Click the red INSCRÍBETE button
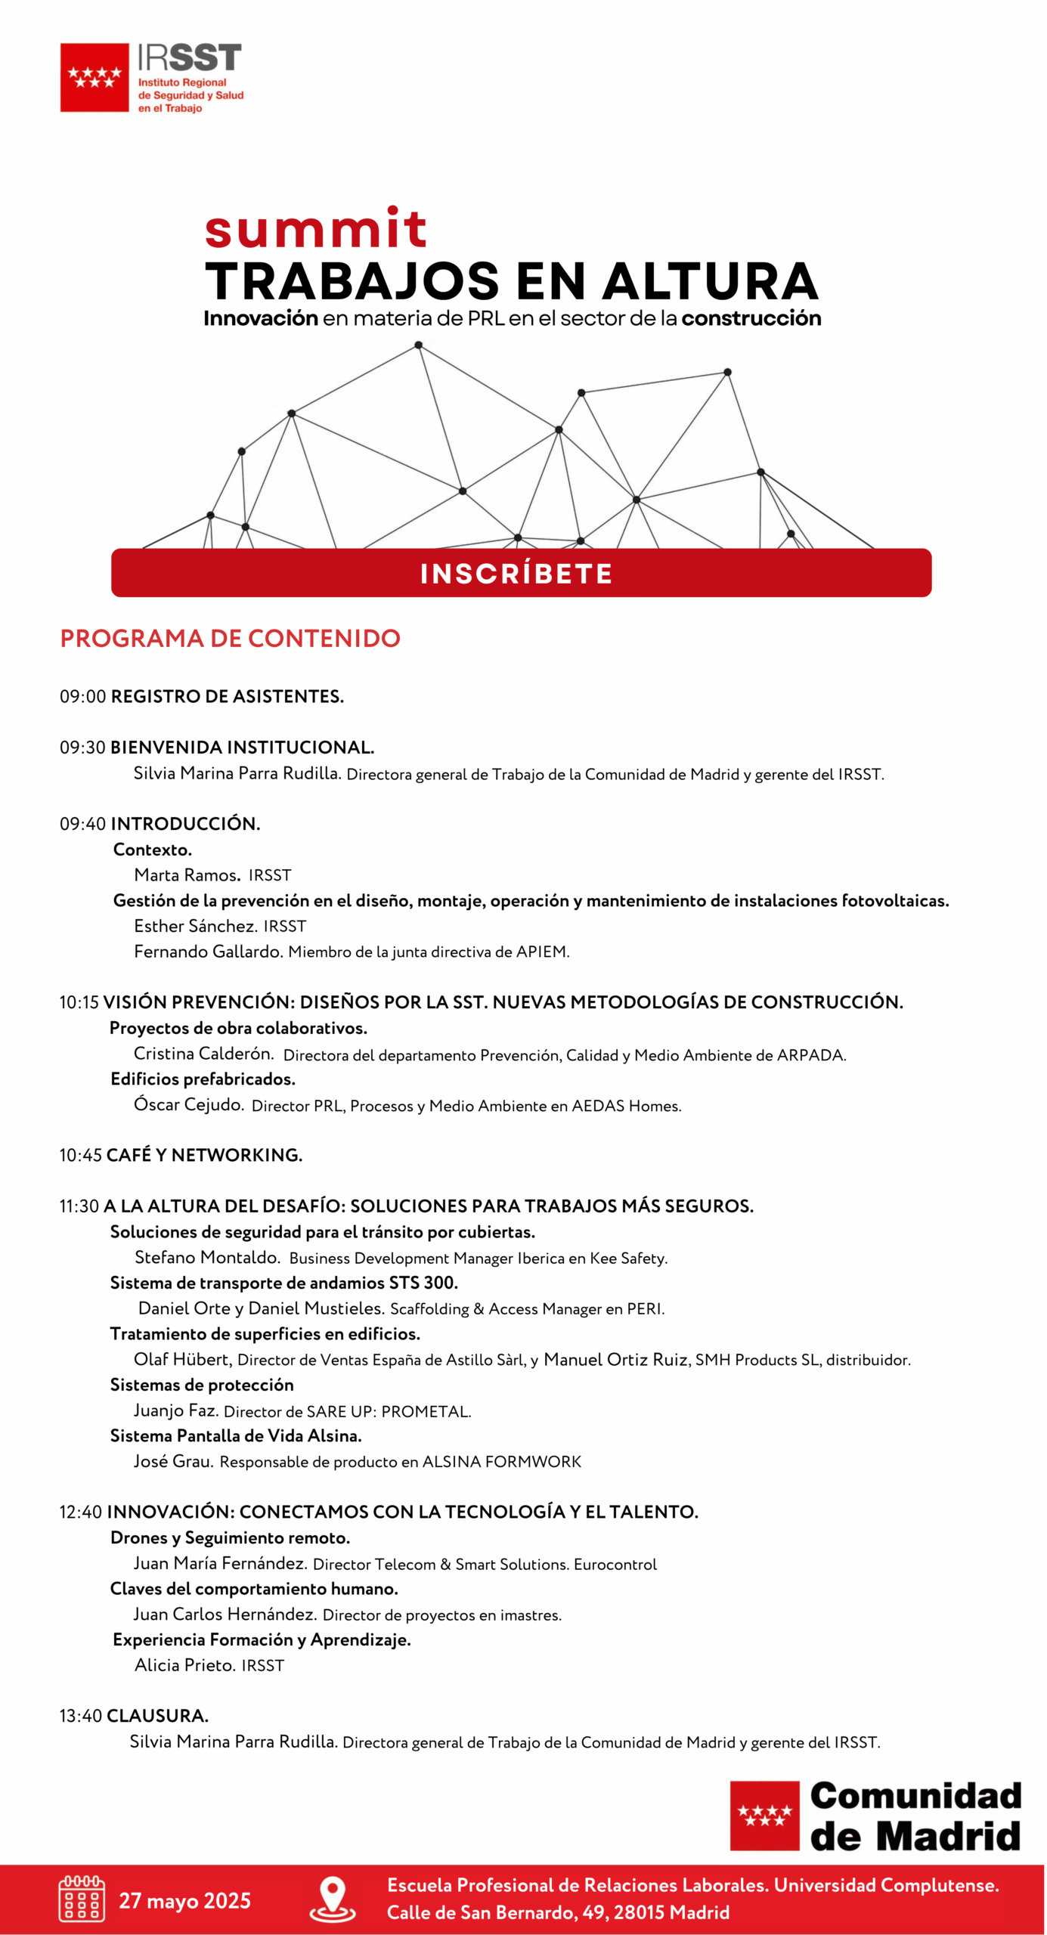coord(521,573)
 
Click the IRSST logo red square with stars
coord(94,77)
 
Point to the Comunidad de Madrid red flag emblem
coord(764,1816)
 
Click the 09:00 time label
coord(82,696)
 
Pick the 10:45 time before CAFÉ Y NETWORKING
coord(80,1155)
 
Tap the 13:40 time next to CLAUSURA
coord(80,1716)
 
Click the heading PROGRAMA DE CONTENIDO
coord(230,638)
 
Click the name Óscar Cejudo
coord(188,1104)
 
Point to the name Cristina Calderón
coord(203,1054)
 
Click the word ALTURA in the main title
coord(710,281)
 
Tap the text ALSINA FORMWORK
coord(501,1462)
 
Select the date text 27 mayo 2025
coord(184,1900)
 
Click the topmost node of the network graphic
coord(418,345)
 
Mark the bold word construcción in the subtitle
coord(751,318)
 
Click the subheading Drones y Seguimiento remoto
coord(230,1537)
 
